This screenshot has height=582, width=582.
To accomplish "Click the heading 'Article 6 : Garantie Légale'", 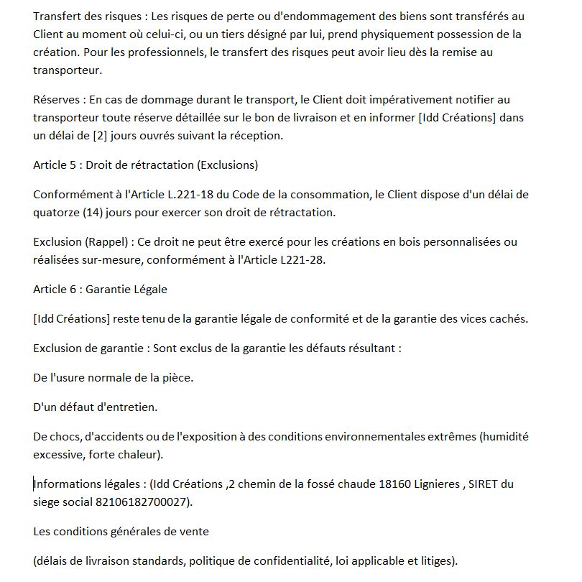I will pyautogui.click(x=100, y=290).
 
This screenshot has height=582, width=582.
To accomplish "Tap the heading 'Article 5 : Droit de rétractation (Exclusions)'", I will pyautogui.click(x=145, y=165).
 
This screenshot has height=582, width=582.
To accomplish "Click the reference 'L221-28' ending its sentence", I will pyautogui.click(x=303, y=260).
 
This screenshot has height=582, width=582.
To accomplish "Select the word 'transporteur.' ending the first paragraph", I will pyautogui.click(x=68, y=70).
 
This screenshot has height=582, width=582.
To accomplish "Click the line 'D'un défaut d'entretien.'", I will pyautogui.click(x=95, y=407).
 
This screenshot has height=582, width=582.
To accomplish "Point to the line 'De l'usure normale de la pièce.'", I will pyautogui.click(x=113, y=377).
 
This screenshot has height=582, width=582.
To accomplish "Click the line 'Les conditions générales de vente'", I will pyautogui.click(x=121, y=532).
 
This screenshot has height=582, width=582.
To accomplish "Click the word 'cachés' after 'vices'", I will pyautogui.click(x=509, y=318).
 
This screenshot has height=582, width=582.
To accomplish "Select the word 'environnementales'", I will pyautogui.click(x=374, y=437).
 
